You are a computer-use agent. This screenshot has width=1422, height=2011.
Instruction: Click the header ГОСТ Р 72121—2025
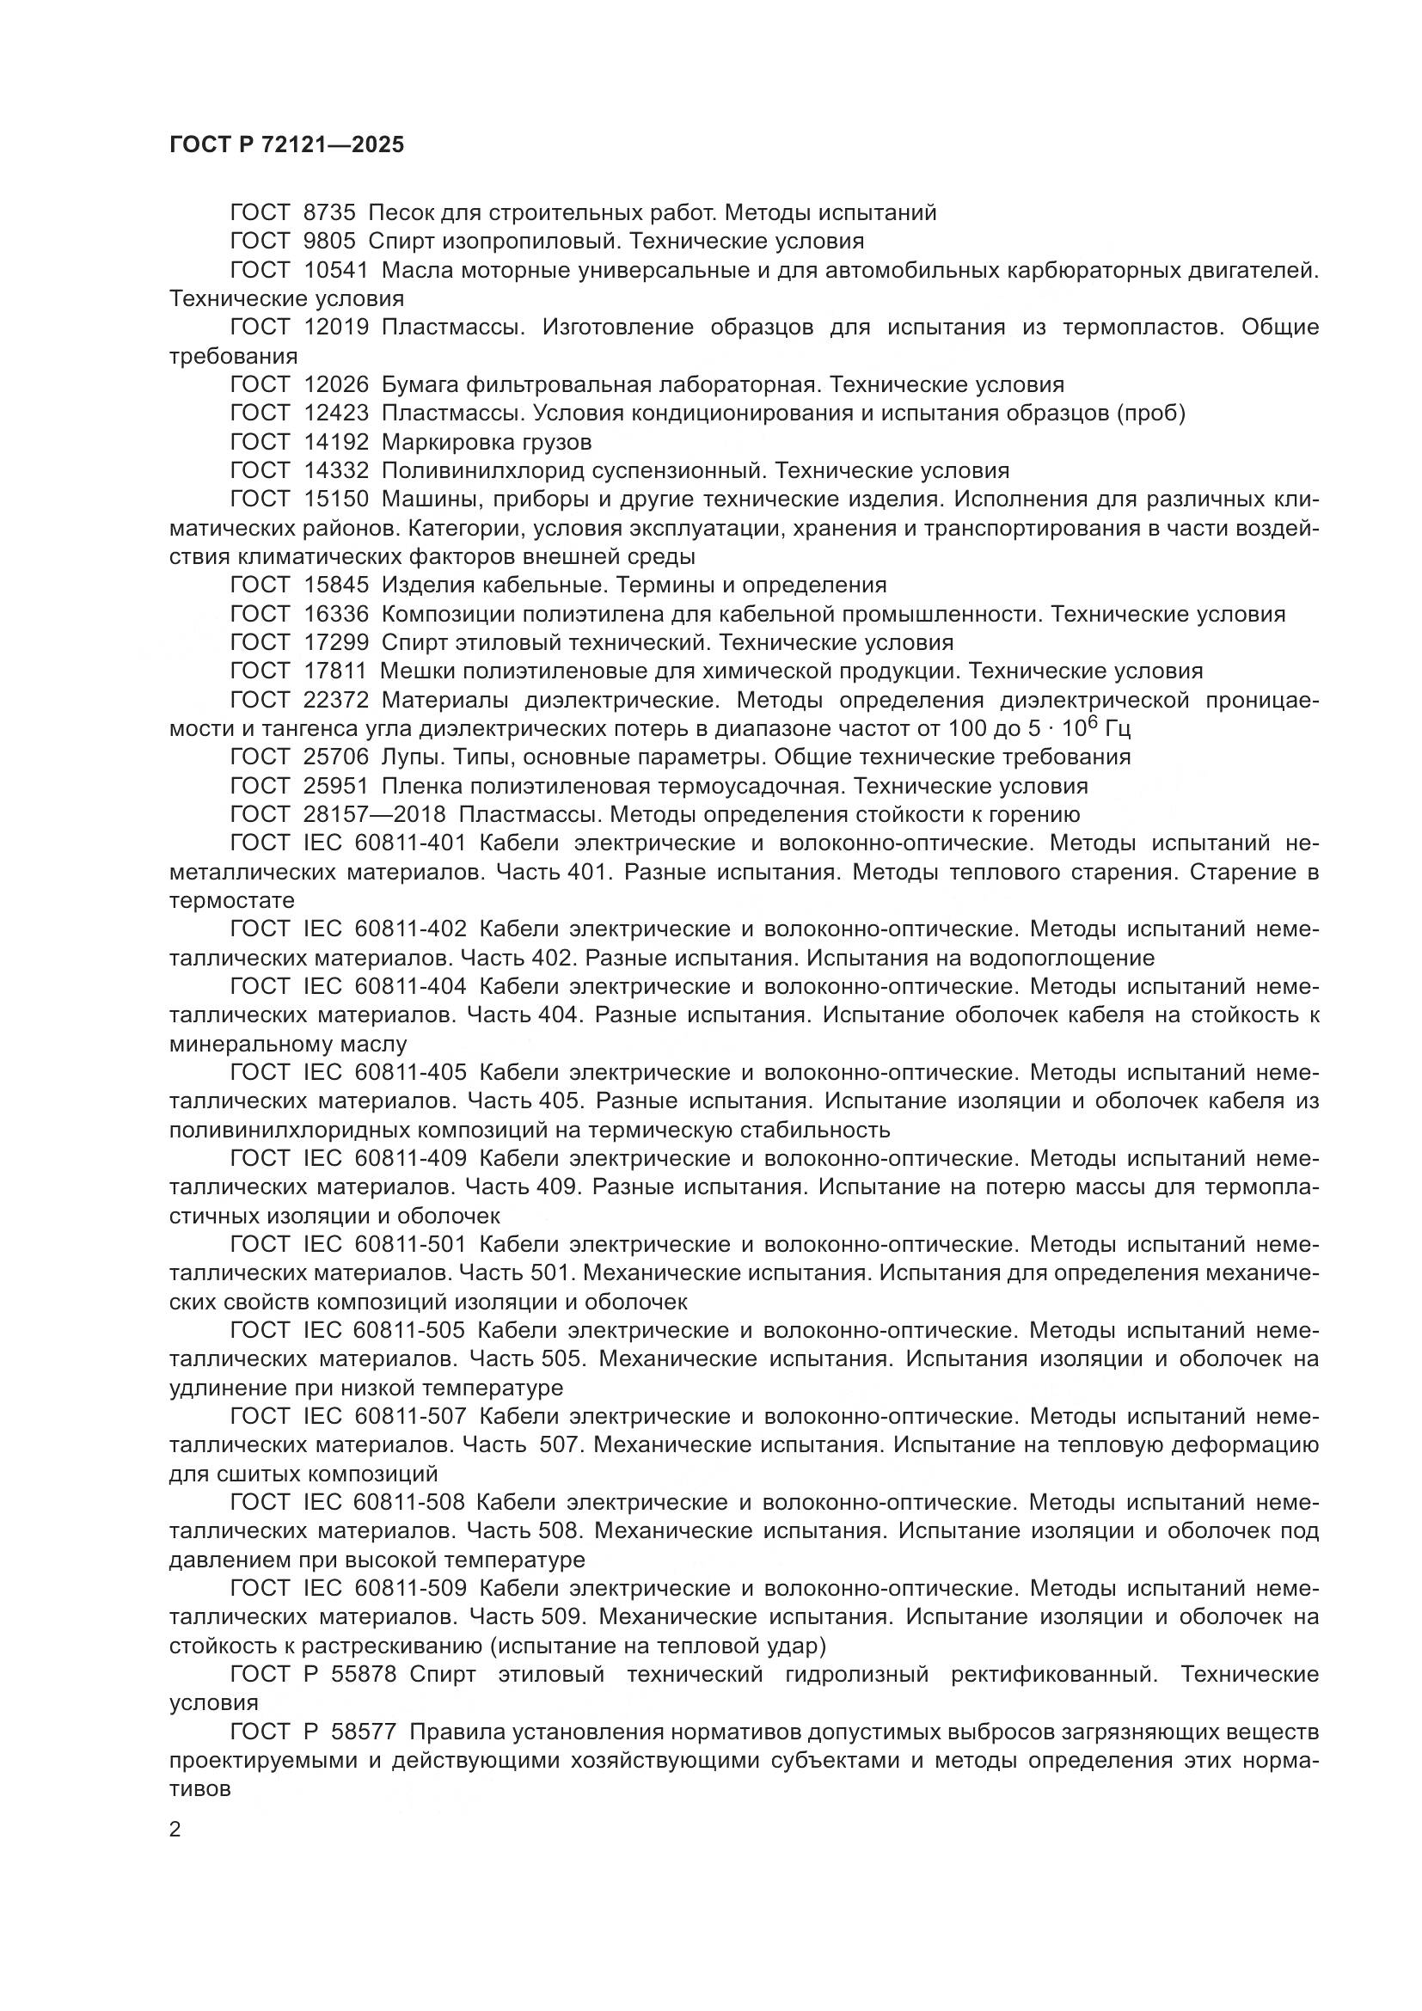286,145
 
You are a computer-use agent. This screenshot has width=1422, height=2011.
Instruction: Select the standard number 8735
329,213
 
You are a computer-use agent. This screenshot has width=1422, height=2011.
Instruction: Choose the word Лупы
410,757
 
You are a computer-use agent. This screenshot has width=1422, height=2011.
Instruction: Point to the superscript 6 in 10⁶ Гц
1091,721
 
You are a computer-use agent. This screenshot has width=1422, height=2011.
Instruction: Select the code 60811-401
411,843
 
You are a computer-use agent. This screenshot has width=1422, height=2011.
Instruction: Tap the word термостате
232,900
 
